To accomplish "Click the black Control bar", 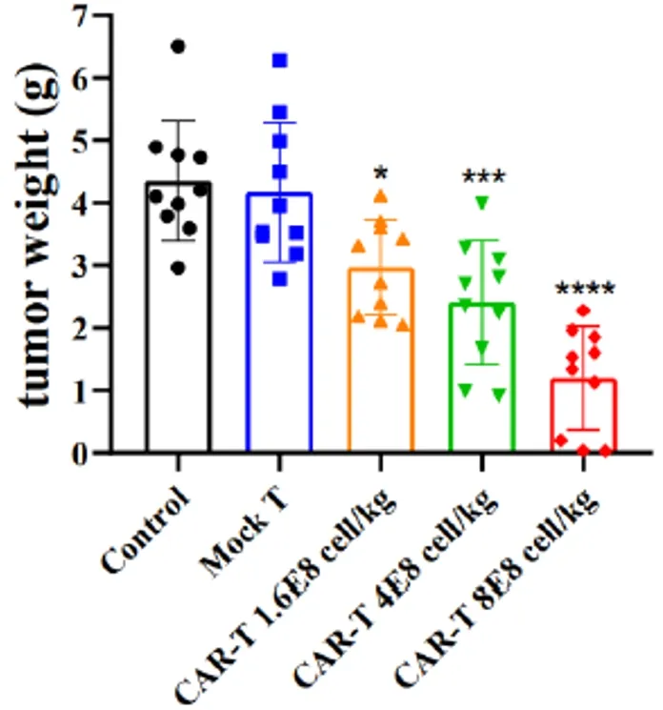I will coord(178,381).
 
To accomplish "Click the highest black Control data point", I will coord(178,46).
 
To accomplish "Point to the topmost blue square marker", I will coord(279,61).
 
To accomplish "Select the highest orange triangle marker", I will coord(381,195).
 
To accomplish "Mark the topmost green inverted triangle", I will coord(482,201).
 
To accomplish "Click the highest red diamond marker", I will coord(583,311).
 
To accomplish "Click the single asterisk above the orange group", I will coord(380,174).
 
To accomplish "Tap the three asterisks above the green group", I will coord(482,177).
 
